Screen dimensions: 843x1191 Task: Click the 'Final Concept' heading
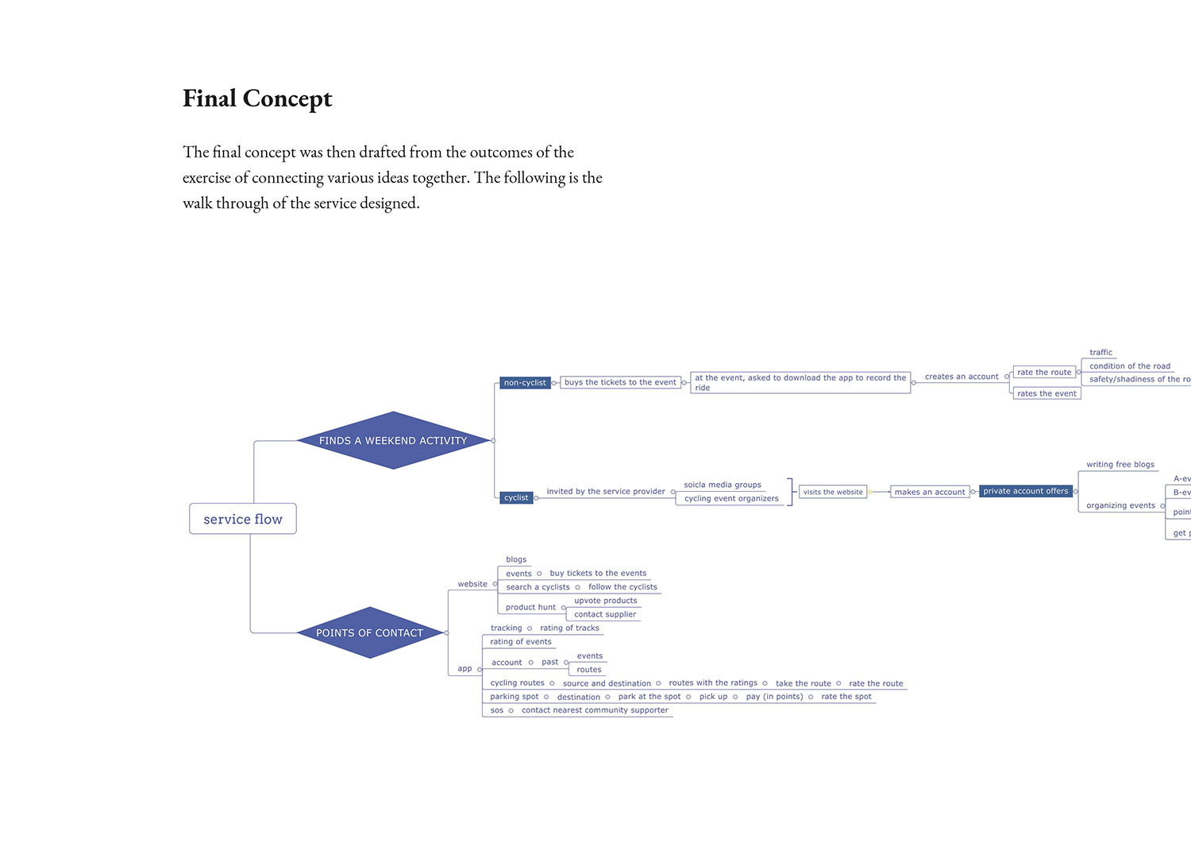tap(257, 99)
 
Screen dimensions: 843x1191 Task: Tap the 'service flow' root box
tap(243, 519)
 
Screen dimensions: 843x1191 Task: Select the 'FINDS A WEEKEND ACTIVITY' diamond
tap(393, 440)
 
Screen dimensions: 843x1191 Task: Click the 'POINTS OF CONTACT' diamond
tap(369, 632)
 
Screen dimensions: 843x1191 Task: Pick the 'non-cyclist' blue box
tap(525, 383)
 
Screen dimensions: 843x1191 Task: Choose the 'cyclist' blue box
tap(516, 497)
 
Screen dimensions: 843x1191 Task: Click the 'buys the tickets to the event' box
tap(620, 382)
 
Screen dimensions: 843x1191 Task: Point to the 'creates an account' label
tap(962, 377)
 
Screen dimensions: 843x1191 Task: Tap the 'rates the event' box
tap(1046, 393)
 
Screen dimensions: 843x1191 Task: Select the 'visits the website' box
tap(833, 492)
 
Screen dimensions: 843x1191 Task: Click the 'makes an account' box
tap(930, 492)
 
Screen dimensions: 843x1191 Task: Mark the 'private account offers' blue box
tap(1026, 491)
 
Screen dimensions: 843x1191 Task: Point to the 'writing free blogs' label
tap(1120, 465)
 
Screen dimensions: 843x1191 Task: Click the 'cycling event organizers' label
tap(731, 499)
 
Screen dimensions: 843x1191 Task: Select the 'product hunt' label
tap(530, 607)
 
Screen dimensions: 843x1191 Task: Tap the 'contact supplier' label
tap(605, 614)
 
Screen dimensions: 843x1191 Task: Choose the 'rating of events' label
tap(521, 642)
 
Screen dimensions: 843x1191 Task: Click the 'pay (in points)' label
tap(774, 697)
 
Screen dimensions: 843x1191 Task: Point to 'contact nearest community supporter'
tap(595, 710)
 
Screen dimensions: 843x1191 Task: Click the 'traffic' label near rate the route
tap(1100, 353)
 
